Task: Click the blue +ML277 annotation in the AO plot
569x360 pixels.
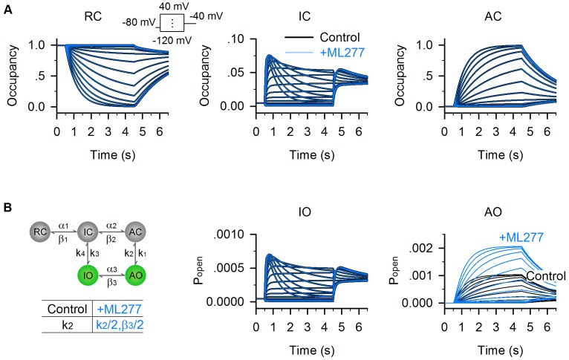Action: click(x=520, y=238)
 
